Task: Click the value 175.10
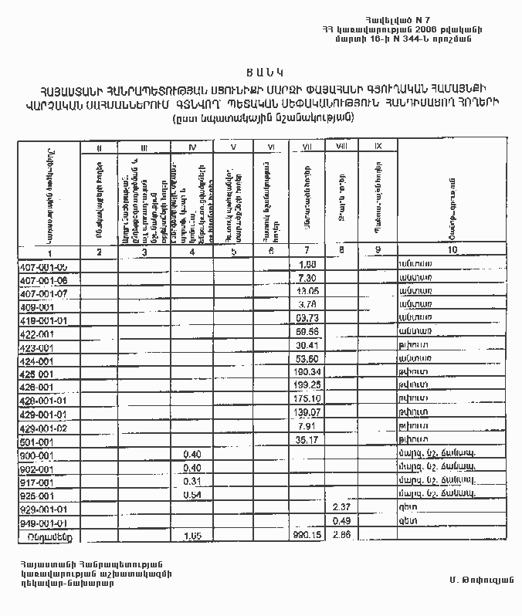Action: [x=307, y=400]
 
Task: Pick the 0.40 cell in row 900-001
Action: [x=192, y=455]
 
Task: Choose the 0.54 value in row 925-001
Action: [x=192, y=495]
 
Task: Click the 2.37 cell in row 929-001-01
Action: [x=342, y=507]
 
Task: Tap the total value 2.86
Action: [x=342, y=534]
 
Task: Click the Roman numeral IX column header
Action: [x=377, y=146]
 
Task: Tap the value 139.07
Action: [x=307, y=414]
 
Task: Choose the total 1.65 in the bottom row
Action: [x=192, y=534]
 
